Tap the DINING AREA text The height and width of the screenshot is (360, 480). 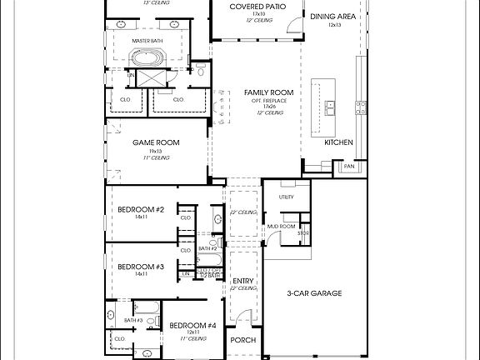335,17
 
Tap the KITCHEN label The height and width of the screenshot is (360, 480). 339,142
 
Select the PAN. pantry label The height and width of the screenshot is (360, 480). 348,167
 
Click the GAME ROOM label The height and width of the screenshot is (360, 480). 156,142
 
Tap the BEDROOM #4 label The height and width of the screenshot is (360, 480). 192,325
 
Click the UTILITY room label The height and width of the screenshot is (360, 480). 287,197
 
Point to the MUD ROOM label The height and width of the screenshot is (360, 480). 282,226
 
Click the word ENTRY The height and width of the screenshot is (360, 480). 243,281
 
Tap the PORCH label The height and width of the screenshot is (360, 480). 243,340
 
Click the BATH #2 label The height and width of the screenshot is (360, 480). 208,249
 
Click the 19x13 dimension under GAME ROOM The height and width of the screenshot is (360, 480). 156,151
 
